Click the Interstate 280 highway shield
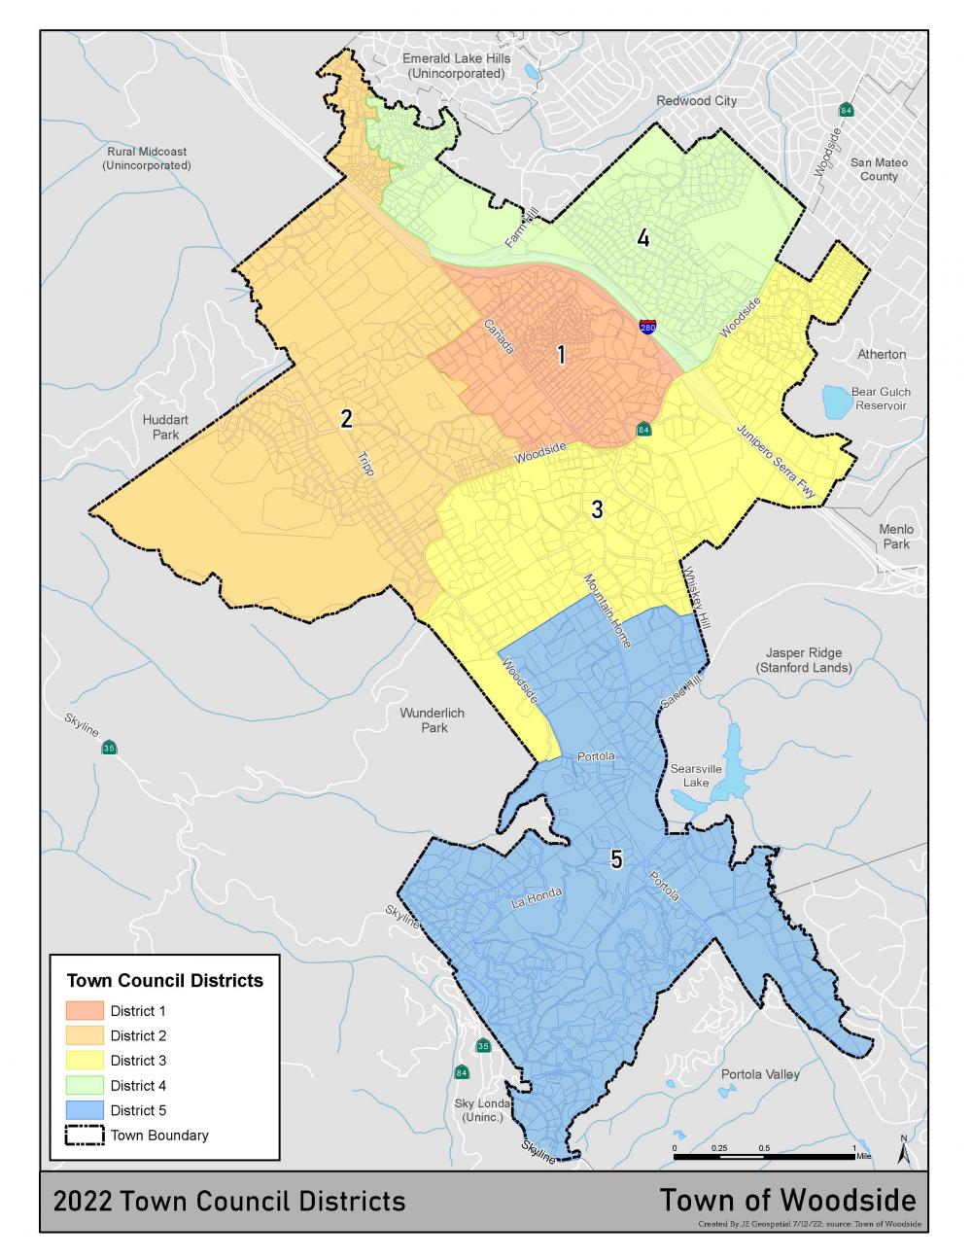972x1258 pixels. point(647,327)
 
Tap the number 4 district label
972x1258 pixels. point(642,237)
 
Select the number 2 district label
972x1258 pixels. point(346,419)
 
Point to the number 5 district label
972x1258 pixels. point(616,858)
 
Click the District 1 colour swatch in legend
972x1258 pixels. point(85,1011)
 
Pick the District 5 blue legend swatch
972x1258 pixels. point(85,1110)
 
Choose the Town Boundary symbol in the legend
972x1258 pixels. point(85,1136)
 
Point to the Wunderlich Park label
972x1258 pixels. point(433,719)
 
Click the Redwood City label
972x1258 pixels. point(696,101)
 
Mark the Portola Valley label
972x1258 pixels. point(760,1074)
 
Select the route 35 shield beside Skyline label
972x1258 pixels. point(109,748)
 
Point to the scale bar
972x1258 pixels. point(764,1156)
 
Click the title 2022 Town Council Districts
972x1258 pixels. point(229,1201)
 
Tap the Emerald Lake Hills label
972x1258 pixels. point(456,66)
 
